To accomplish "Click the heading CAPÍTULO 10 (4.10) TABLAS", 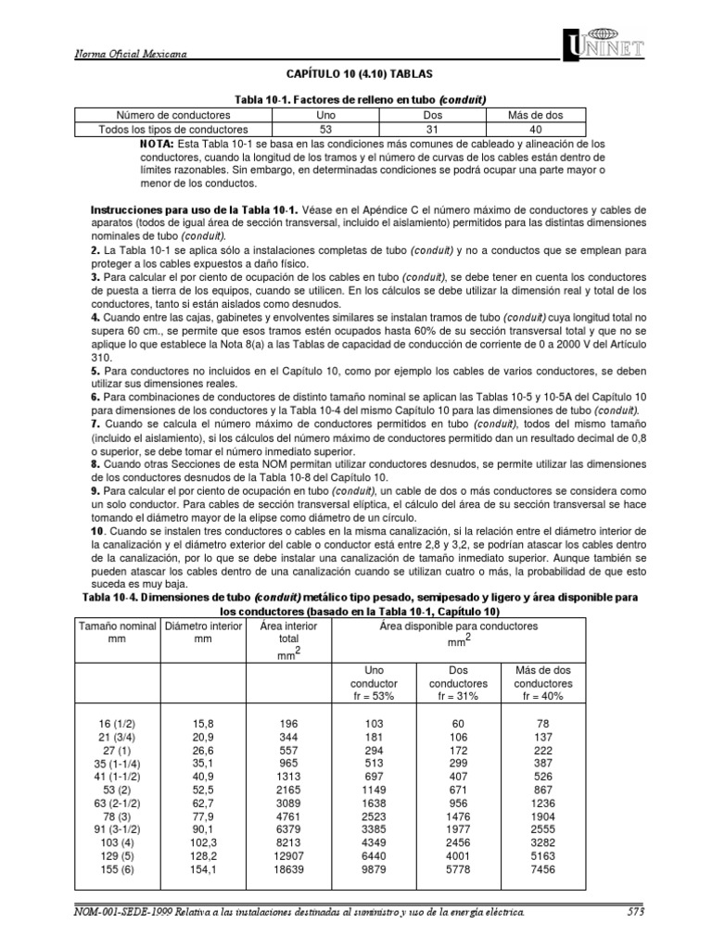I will pyautogui.click(x=356, y=72).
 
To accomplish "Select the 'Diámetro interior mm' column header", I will pyautogui.click(x=196, y=631).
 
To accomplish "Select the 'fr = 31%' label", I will pyautogui.click(x=451, y=696).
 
